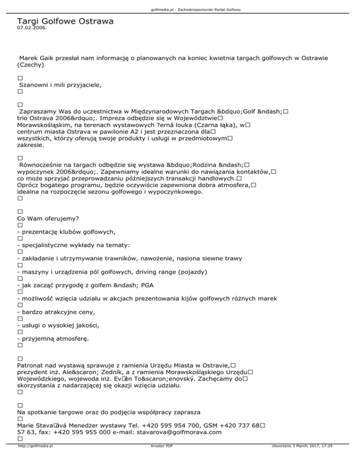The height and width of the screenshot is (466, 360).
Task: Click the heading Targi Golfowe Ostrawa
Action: (x=66, y=21)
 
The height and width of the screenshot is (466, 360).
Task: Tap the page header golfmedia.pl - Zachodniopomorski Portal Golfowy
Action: (x=180, y=9)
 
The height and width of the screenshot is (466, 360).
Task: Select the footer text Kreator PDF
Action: (x=160, y=460)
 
